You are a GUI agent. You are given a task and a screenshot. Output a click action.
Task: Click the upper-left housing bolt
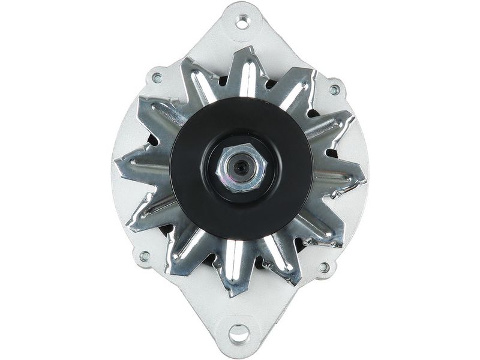point(157,77)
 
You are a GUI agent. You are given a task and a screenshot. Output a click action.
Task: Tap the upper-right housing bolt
point(334,90)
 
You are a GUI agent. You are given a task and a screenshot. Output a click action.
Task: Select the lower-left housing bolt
point(145,256)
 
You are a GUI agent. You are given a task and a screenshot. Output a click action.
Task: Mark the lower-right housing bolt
point(324,267)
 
